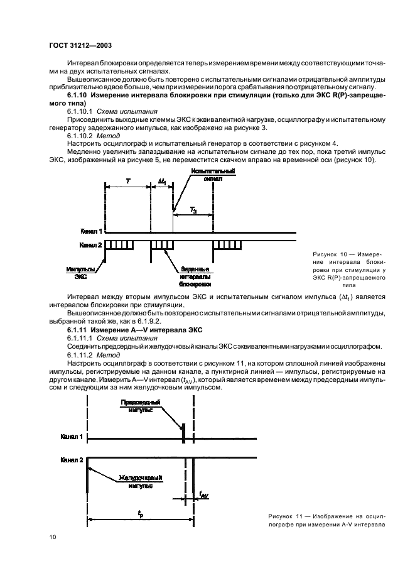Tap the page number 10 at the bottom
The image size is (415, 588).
point(53,537)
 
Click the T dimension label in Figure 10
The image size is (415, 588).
point(128,180)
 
